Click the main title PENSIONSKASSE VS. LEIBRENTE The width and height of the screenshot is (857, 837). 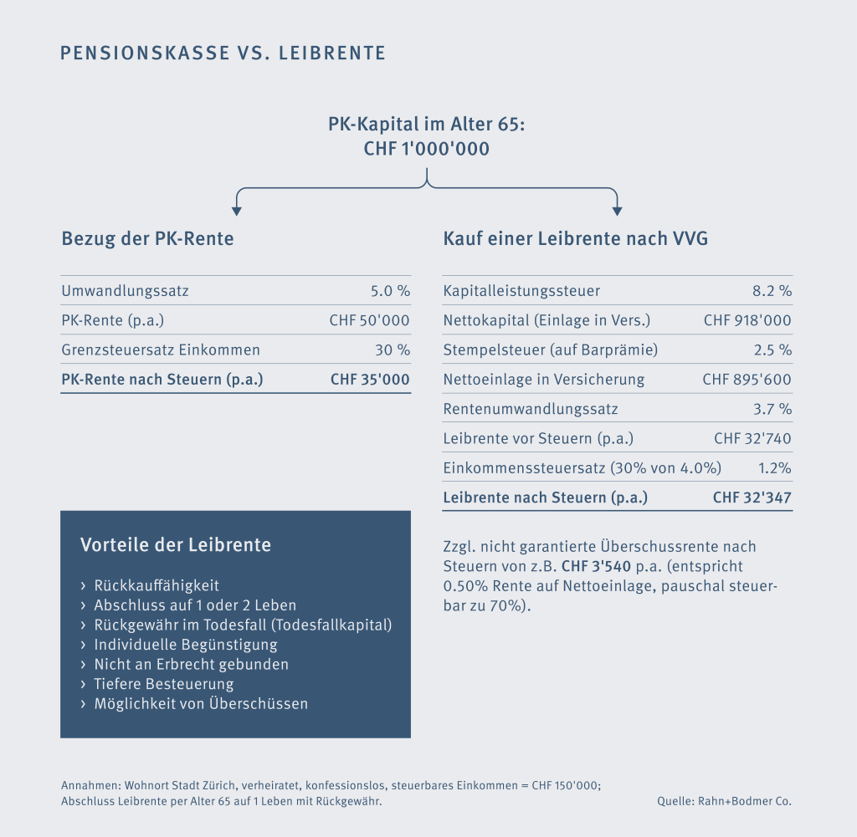click(223, 54)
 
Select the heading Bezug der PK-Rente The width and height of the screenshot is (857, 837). click(147, 239)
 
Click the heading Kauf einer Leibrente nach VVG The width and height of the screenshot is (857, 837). click(575, 239)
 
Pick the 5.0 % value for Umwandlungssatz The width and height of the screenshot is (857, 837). click(390, 291)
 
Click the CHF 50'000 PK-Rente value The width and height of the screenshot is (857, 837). click(370, 320)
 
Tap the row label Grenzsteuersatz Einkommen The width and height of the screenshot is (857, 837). click(161, 350)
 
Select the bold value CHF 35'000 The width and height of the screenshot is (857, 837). click(370, 380)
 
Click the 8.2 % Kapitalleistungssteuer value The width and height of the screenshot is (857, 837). click(772, 291)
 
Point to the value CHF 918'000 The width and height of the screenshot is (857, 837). click(747, 320)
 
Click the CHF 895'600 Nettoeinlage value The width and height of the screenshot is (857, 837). click(747, 380)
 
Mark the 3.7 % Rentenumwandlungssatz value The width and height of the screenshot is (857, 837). click(772, 409)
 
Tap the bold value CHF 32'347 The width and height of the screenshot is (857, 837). click(752, 498)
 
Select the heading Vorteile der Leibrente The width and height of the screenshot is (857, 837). click(176, 545)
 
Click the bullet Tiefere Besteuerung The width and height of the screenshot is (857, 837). click(164, 684)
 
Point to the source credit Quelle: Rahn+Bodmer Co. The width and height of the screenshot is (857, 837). click(724, 801)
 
